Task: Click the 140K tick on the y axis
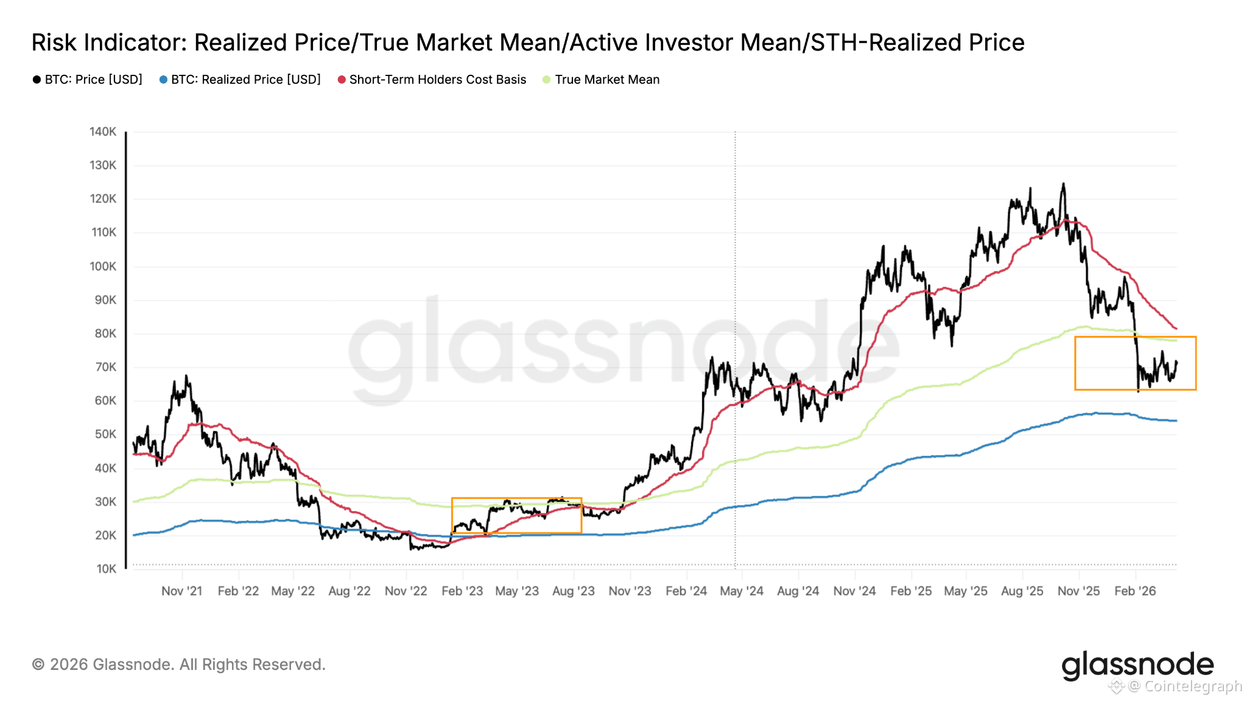(x=103, y=132)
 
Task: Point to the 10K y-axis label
(x=106, y=569)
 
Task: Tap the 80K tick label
(x=105, y=333)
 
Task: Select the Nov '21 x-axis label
(x=181, y=591)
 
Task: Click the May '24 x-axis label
(x=741, y=591)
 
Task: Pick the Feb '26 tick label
(x=1134, y=591)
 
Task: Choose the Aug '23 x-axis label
(x=573, y=591)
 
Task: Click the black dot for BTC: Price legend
(x=37, y=80)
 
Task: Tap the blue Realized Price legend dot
(x=163, y=80)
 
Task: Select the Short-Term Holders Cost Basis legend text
(x=437, y=80)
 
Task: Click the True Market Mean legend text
(x=607, y=80)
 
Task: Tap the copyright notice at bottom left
(x=178, y=664)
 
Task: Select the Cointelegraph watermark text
(x=1192, y=686)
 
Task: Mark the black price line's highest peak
(x=1063, y=184)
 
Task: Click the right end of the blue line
(x=1176, y=420)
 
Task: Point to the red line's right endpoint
(x=1176, y=329)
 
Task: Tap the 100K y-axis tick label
(x=103, y=267)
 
